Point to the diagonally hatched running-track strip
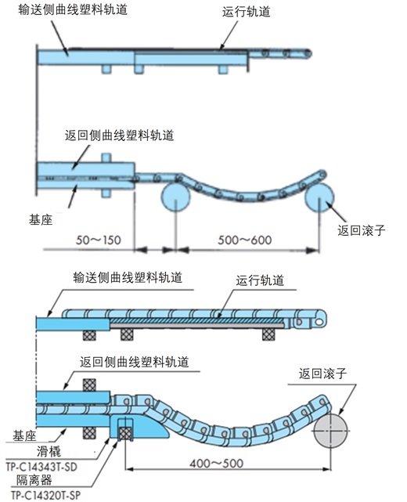(x=196, y=321)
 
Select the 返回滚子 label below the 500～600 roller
(x=362, y=230)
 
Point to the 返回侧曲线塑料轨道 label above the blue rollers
(x=118, y=134)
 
